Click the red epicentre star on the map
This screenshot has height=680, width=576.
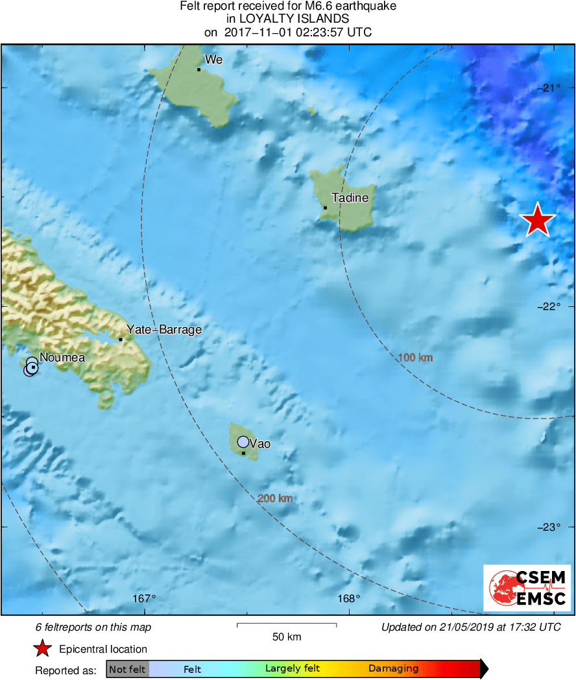pyautogui.click(x=538, y=220)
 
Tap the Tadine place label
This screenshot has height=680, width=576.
pyautogui.click(x=350, y=198)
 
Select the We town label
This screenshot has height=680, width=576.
pyautogui.click(x=213, y=60)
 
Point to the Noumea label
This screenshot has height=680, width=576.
pyautogui.click(x=62, y=357)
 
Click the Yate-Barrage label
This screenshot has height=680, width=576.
pyautogui.click(x=163, y=330)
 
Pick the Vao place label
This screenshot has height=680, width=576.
pyautogui.click(x=259, y=444)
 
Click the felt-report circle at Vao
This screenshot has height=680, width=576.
pyautogui.click(x=243, y=442)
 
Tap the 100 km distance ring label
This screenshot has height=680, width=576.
pyautogui.click(x=415, y=358)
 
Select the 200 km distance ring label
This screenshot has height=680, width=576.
pyautogui.click(x=276, y=498)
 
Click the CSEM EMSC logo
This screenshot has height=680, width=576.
pyautogui.click(x=527, y=588)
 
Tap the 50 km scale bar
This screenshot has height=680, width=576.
pyautogui.click(x=287, y=625)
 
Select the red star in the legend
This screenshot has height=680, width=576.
pyautogui.click(x=43, y=649)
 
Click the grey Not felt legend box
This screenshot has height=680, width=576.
pyautogui.click(x=128, y=669)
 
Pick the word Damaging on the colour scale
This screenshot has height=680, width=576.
pyautogui.click(x=393, y=669)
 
